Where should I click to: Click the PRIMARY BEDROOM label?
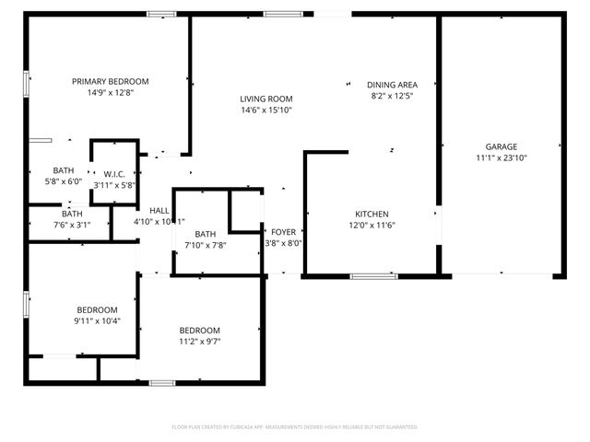click(111, 81)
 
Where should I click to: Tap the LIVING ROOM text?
click(266, 99)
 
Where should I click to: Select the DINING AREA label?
click(393, 84)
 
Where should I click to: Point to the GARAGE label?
click(501, 146)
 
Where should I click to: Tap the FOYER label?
click(283, 232)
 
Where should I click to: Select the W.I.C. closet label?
click(115, 173)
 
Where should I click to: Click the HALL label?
click(159, 210)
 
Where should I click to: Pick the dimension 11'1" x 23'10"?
click(501, 157)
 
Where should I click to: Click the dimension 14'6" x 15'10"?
click(266, 110)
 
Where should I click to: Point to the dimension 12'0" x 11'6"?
click(372, 225)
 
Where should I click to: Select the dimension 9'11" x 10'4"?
click(97, 320)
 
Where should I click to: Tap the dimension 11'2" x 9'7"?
click(199, 342)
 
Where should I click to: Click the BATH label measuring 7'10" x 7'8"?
click(205, 234)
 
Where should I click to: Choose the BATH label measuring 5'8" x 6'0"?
click(64, 170)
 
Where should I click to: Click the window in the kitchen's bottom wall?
click(373, 275)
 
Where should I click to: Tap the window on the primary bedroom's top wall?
click(162, 14)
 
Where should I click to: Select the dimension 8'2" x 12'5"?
click(393, 95)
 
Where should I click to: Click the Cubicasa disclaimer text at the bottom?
click(295, 427)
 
